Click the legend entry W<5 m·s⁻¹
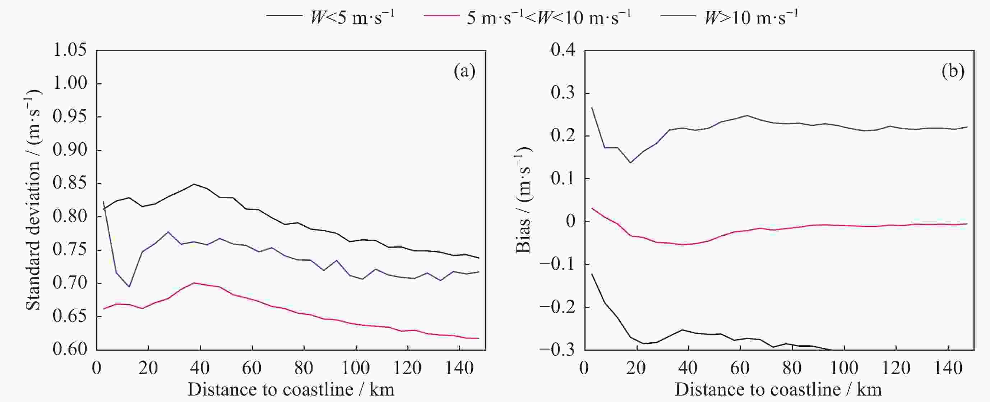330,18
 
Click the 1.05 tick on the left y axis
69,50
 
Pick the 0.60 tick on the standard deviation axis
69,349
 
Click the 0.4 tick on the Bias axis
563,50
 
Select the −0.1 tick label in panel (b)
558,264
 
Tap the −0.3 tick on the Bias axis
558,349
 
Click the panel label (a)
464,71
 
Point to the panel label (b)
953,71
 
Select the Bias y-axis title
523,200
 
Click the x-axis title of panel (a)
291,390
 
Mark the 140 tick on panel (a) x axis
460,368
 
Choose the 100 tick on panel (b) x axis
844,368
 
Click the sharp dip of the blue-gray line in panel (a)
129,287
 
